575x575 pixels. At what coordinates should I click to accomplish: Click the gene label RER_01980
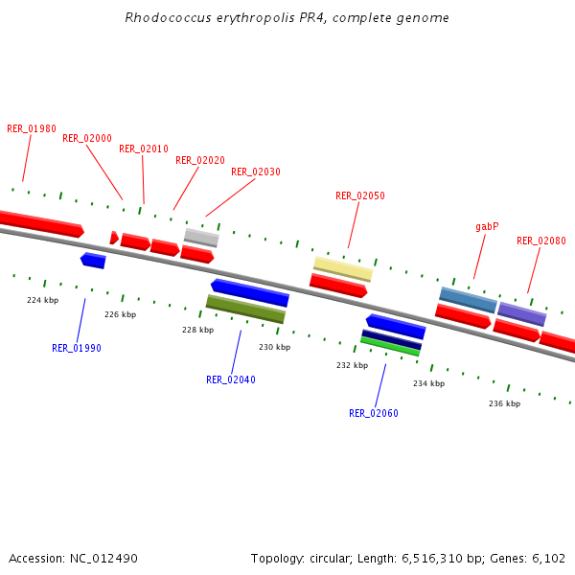click(x=32, y=128)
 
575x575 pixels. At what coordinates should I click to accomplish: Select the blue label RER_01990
click(x=77, y=348)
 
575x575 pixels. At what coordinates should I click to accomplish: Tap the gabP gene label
click(x=487, y=227)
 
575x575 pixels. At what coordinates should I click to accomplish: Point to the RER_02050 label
click(x=360, y=195)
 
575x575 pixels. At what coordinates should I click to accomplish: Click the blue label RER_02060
click(x=374, y=413)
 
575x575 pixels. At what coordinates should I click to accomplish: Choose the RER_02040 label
click(x=231, y=379)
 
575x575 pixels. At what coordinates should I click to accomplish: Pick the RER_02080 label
click(x=541, y=241)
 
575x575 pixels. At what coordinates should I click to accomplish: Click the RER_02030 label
click(x=256, y=172)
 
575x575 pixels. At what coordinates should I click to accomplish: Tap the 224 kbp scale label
click(x=42, y=300)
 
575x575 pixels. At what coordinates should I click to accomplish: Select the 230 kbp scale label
click(x=274, y=347)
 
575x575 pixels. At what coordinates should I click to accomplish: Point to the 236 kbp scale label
click(x=504, y=403)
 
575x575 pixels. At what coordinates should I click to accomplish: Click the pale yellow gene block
click(x=343, y=268)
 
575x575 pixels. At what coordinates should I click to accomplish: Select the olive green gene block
click(x=245, y=309)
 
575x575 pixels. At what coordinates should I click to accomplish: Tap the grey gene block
click(x=201, y=237)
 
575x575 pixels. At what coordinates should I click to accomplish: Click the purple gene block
click(x=521, y=314)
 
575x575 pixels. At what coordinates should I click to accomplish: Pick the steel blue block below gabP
click(x=468, y=300)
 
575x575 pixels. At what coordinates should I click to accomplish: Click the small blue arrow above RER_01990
click(x=93, y=260)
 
